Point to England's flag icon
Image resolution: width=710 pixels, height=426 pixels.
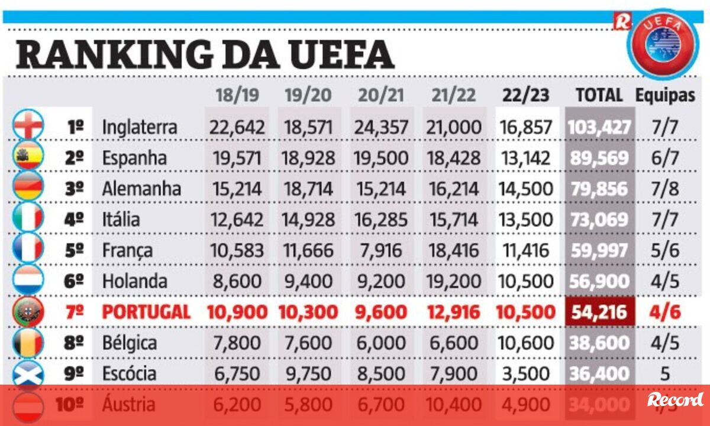tap(28, 125)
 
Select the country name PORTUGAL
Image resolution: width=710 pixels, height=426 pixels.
tap(146, 312)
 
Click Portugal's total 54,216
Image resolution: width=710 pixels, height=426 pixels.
tap(599, 312)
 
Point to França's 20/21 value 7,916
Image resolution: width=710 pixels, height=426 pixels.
tap(381, 251)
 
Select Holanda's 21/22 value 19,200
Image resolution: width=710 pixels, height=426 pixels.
tap(454, 281)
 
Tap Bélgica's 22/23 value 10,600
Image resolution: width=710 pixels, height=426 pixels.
tap(526, 343)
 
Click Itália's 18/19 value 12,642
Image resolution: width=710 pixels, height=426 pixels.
tap(237, 220)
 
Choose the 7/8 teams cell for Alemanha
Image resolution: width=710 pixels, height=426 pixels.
tap(665, 189)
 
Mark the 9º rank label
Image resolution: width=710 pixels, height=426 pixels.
tap(74, 373)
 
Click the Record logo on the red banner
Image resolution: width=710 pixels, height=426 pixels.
tap(675, 401)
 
